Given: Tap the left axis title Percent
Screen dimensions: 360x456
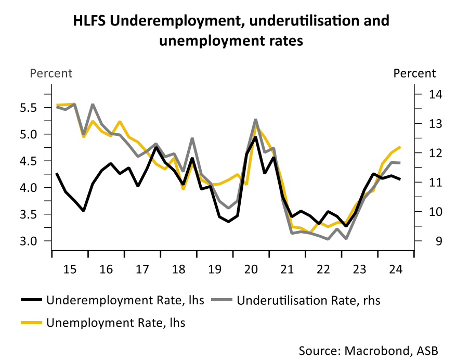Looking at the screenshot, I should tap(51, 73).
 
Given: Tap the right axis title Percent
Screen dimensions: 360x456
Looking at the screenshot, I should tap(414, 73).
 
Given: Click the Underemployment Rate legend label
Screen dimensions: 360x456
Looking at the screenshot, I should tap(125, 300).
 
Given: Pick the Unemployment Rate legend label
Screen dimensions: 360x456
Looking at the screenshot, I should tap(116, 323).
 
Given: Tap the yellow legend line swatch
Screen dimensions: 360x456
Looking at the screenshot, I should tap(32, 323).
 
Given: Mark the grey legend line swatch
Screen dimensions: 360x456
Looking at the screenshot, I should tap(222, 300).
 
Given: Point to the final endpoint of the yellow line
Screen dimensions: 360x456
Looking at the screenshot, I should tap(399, 147).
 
